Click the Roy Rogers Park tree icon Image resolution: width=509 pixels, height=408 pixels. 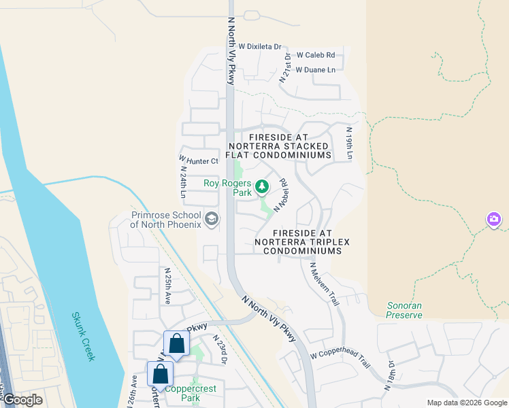click(x=262, y=186)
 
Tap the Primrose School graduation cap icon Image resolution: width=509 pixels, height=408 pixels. click(x=212, y=218)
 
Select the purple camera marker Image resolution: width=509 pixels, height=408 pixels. click(x=494, y=219)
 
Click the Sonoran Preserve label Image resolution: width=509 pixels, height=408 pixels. click(x=404, y=311)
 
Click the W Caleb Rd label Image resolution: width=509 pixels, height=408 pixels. click(x=315, y=55)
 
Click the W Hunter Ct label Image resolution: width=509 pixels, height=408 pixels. click(x=199, y=161)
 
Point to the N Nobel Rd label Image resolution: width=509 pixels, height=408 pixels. click(x=280, y=194)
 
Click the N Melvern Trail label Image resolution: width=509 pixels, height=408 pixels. click(x=324, y=284)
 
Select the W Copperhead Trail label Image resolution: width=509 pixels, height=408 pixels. click(x=340, y=355)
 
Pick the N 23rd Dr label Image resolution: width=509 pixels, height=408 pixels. click(x=219, y=349)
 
